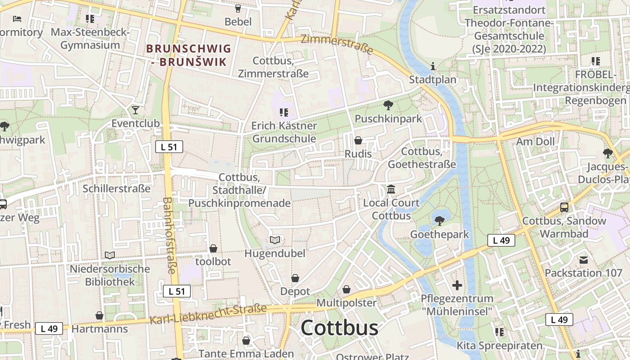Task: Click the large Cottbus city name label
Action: tap(339, 328)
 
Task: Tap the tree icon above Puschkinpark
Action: tap(387, 106)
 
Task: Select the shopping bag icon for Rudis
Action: tap(358, 141)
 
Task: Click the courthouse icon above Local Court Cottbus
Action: tap(391, 189)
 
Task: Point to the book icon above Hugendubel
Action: tap(275, 240)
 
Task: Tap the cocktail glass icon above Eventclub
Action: tap(135, 110)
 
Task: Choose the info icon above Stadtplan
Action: tap(433, 67)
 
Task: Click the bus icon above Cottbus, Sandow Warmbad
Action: tap(564, 207)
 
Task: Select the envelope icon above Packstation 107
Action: tap(584, 260)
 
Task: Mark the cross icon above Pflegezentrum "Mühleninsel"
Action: tap(457, 285)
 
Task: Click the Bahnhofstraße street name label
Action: tap(169, 235)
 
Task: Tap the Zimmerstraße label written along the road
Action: tap(337, 44)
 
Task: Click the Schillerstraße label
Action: tap(117, 188)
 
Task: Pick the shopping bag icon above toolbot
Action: tap(213, 248)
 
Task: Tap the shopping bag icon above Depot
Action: tap(295, 278)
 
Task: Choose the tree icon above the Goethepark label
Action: tap(440, 221)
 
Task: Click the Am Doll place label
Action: tap(535, 142)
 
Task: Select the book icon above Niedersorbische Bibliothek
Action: tap(109, 255)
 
